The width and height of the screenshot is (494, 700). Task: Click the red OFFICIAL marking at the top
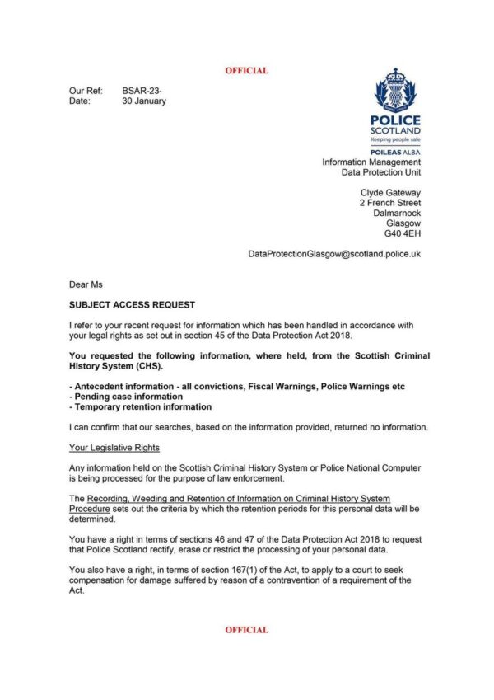(x=246, y=71)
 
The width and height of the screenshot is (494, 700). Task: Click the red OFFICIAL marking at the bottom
(x=246, y=630)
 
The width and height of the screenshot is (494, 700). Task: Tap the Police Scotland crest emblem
(x=396, y=91)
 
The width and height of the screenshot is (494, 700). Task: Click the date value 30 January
(x=144, y=101)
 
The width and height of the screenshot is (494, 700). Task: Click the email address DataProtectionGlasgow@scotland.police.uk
(x=334, y=254)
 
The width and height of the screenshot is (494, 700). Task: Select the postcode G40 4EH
(x=403, y=234)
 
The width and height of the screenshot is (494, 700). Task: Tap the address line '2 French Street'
(x=390, y=203)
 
